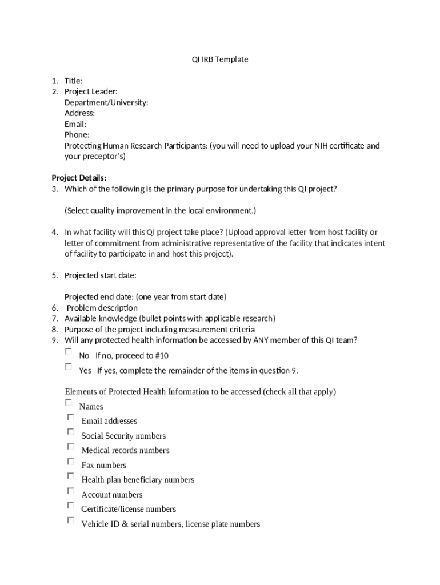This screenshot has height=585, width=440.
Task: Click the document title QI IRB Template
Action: (220, 59)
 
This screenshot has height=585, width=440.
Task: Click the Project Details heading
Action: (79, 178)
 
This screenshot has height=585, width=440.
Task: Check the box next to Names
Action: (69, 402)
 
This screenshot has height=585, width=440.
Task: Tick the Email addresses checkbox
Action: (70, 417)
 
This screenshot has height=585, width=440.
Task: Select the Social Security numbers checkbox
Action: (70, 432)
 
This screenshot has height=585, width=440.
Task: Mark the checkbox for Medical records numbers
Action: (70, 447)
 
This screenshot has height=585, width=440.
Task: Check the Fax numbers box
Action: (70, 462)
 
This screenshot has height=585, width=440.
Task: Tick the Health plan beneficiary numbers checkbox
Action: (70, 476)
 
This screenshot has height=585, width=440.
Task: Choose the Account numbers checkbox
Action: (70, 491)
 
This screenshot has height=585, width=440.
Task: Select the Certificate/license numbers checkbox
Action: (70, 506)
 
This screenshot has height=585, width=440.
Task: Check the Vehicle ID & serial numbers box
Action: (70, 520)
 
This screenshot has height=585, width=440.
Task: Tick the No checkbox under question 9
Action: (69, 351)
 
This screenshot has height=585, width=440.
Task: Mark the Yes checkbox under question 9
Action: (69, 366)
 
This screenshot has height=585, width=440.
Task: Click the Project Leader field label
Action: (91, 91)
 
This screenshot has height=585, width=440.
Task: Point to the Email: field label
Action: (75, 124)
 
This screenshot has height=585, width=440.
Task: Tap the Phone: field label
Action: (77, 135)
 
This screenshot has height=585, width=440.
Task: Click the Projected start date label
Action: (100, 275)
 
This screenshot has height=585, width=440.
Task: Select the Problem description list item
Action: (102, 308)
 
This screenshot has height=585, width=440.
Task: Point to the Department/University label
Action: (106, 102)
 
